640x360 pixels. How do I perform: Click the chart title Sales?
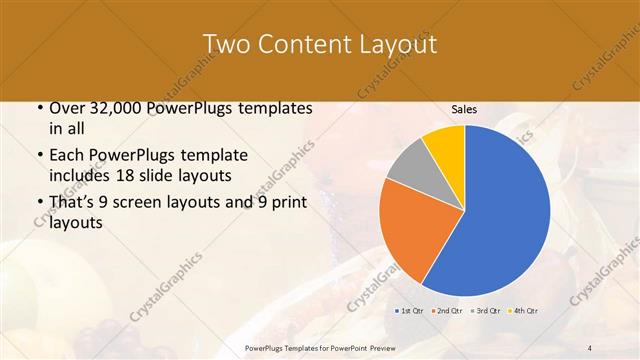464,109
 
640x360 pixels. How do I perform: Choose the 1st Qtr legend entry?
410,311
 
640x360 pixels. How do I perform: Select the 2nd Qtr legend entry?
447,311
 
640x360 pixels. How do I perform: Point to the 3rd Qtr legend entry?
485,311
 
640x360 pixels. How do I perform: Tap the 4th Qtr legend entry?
523,311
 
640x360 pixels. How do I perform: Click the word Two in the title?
225,44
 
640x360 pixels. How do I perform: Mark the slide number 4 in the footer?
590,346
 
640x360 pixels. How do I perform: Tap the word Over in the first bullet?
67,109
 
